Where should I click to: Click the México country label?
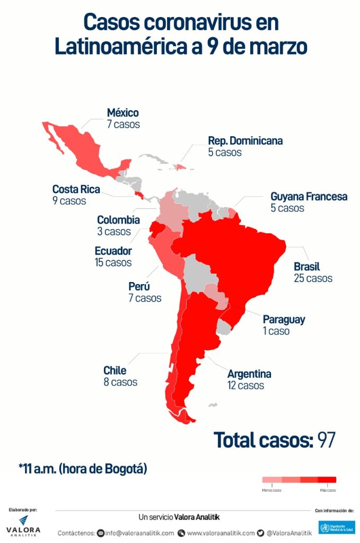(122, 113)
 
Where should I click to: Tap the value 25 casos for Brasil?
(313, 278)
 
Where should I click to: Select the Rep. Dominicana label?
(245, 141)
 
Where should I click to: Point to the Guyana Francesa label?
(309, 197)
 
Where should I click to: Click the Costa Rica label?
(76, 189)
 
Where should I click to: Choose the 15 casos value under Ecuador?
(113, 262)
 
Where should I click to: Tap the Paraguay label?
(284, 320)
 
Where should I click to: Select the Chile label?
(115, 370)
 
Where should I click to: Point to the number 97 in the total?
(326, 440)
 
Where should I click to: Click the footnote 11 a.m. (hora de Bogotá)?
(83, 468)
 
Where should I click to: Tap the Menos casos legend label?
(271, 490)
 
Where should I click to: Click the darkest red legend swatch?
(327, 480)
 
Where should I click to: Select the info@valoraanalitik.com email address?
(139, 533)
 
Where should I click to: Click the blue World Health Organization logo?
(336, 527)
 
